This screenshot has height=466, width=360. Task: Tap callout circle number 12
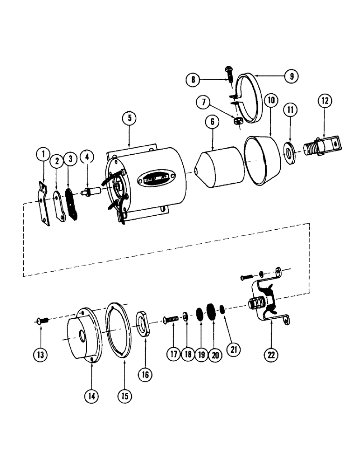(325, 101)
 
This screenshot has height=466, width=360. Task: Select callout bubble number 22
(271, 354)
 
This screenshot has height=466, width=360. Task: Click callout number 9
(290, 76)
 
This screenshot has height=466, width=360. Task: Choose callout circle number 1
(42, 153)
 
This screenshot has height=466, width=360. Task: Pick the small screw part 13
(41, 320)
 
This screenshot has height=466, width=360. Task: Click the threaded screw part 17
(172, 319)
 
